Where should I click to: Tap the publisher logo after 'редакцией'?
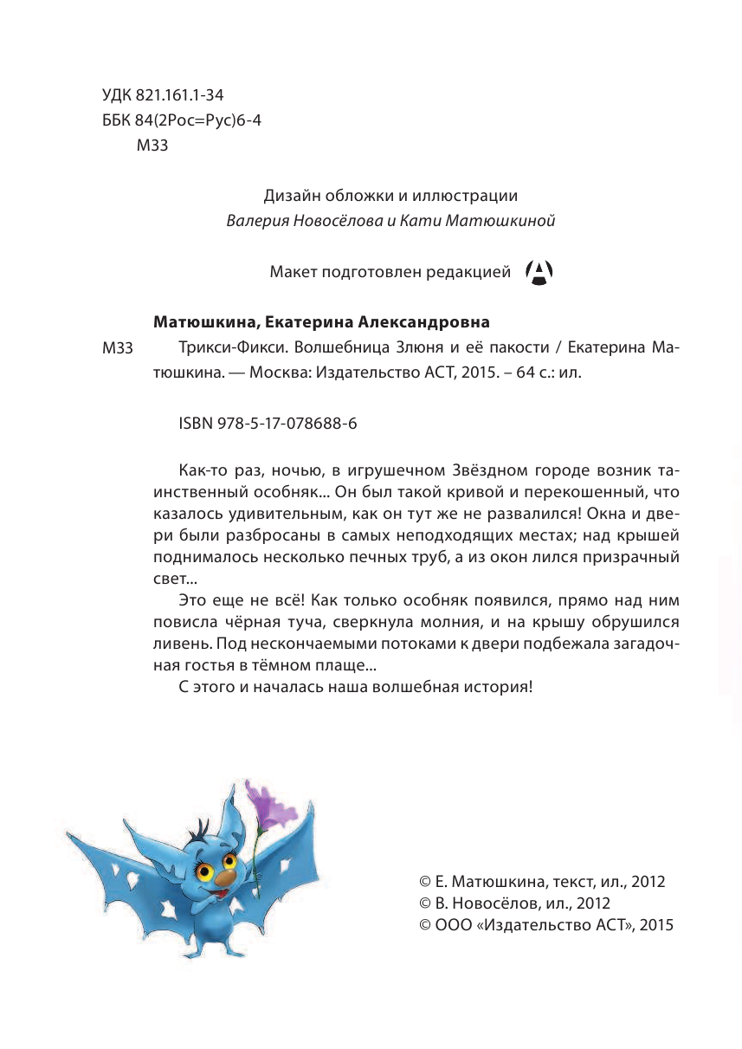point(539,274)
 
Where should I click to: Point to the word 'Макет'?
point(294,274)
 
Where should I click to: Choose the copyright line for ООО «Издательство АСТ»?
point(545,924)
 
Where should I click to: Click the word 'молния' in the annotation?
point(512,622)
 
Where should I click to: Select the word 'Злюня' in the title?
point(424,348)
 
